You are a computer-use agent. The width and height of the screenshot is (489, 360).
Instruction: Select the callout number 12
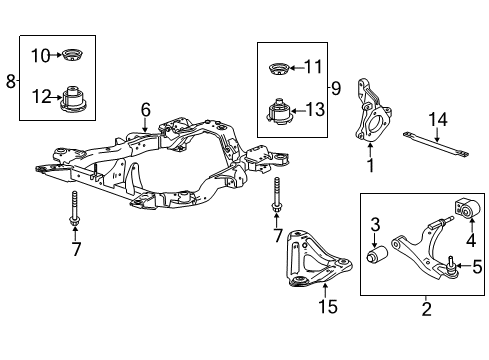tap(41, 96)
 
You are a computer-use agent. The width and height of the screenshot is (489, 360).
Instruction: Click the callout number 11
tap(312, 67)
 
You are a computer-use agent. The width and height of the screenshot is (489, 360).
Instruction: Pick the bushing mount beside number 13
tap(279, 112)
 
